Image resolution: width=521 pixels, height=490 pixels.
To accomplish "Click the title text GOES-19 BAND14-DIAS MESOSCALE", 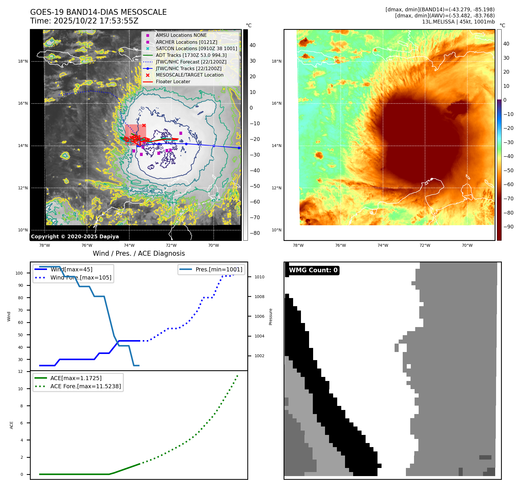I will click(98, 12).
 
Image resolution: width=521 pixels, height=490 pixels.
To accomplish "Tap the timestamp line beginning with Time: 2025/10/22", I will click(84, 21).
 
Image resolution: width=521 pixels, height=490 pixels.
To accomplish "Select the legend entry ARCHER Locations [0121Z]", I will click(186, 42).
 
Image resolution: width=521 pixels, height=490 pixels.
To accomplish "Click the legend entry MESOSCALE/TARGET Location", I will click(189, 75).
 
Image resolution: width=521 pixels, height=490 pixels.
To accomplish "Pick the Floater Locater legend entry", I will click(173, 81).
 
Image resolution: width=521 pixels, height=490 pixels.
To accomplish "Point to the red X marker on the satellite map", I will click(144, 125).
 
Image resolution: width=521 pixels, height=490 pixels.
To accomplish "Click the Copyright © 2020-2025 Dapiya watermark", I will click(75, 237).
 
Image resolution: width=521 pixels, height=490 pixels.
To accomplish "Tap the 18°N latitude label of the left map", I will click(23, 61).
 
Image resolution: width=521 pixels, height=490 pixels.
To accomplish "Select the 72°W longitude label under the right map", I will click(425, 245).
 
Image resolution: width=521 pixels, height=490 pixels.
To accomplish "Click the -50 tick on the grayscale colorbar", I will click(255, 186).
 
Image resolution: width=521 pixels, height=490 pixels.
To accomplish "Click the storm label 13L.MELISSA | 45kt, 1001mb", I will click(458, 22).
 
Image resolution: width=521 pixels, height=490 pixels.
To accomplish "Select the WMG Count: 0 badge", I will click(313, 270).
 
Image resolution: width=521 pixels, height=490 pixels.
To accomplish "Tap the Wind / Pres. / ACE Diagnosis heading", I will click(139, 253).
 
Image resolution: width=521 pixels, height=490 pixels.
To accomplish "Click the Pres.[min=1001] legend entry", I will click(219, 269).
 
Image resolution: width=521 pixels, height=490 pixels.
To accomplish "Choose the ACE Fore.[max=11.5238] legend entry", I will click(86, 386).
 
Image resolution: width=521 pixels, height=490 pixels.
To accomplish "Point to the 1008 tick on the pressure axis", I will click(259, 297).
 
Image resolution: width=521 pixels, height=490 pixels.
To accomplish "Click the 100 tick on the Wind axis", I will click(19, 273).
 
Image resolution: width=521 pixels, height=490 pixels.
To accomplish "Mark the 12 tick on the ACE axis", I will click(20, 371).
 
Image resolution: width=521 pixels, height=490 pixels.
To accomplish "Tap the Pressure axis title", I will click(271, 317).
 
